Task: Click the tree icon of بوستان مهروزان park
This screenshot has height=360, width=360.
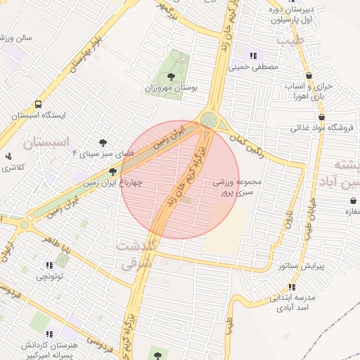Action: [171, 76]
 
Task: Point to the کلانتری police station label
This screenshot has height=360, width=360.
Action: [13, 167]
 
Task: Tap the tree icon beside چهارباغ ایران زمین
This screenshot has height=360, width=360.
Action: [112, 171]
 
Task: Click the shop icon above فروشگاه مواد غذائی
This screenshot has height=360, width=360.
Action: [322, 117]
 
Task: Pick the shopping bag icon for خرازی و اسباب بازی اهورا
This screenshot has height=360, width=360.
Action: [309, 75]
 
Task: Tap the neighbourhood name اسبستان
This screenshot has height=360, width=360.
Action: [48, 144]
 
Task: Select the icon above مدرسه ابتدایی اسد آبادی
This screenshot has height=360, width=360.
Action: [291, 287]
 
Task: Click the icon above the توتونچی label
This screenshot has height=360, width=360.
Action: [49, 265]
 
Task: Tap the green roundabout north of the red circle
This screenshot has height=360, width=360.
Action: [208, 120]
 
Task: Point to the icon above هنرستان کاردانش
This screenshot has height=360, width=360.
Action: [50, 335]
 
